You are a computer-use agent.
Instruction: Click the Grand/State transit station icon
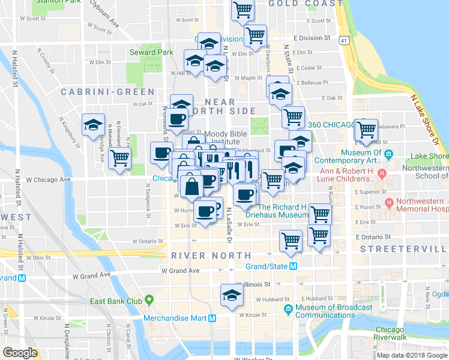[x=294, y=266]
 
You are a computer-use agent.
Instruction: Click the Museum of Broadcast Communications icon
[x=288, y=310]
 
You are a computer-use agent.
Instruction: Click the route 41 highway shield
[x=343, y=40]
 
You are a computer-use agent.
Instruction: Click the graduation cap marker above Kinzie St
[x=231, y=295]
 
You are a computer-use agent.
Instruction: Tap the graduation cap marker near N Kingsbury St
[x=93, y=124]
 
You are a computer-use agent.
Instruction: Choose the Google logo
[x=20, y=353]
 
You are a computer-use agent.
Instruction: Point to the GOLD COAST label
[x=303, y=4]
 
